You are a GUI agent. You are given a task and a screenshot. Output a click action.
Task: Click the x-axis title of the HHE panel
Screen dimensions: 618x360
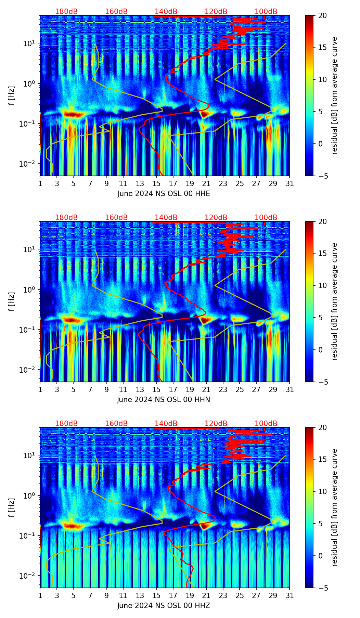(x=164, y=194)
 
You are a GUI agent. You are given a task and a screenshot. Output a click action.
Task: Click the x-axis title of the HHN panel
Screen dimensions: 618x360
(x=164, y=400)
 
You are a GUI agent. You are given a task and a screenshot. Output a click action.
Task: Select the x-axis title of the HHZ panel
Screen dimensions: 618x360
(x=164, y=606)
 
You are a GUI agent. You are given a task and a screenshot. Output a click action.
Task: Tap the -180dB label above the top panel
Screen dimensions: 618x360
(x=65, y=12)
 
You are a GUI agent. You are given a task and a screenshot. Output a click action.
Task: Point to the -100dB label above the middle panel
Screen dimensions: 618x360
(x=265, y=218)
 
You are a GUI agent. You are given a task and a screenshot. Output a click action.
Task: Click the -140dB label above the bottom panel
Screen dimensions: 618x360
(x=165, y=424)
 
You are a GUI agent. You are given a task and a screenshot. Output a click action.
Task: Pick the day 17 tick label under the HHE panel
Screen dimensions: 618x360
(x=173, y=183)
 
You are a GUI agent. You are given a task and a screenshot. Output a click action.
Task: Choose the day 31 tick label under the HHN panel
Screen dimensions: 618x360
(x=290, y=389)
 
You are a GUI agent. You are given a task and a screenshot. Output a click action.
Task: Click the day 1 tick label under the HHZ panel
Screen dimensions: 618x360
(x=40, y=595)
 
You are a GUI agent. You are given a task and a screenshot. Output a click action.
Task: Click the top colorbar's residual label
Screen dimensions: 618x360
(x=334, y=96)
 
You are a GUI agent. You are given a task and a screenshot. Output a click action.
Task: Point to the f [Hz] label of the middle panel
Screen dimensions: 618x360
(x=12, y=301)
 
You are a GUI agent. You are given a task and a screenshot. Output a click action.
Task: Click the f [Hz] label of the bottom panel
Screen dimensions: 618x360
(x=12, y=507)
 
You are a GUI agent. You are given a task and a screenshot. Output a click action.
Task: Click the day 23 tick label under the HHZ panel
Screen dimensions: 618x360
(x=223, y=595)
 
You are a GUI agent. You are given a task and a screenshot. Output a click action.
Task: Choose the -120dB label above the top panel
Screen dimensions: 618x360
(x=215, y=12)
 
